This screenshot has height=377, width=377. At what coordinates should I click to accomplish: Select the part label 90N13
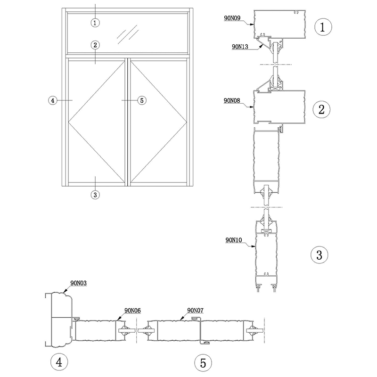pos(241,47)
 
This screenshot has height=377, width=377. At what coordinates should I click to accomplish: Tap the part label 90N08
pos(232,100)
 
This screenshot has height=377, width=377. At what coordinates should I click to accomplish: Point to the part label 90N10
pos(233,240)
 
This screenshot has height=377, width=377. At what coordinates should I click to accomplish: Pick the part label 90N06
pos(132,310)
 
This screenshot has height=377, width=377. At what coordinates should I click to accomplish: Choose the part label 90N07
pos(195,310)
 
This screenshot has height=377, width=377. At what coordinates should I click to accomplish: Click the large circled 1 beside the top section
pos(323,27)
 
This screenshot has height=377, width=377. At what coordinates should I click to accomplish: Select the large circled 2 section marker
pos(321,110)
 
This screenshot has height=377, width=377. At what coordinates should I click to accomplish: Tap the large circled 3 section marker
pos(319,255)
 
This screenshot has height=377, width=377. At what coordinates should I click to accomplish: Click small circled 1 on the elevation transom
pos(96,22)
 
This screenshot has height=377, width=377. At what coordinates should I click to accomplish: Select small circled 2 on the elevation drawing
pos(96,45)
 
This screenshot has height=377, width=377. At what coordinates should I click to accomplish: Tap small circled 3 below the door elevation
pos(96,194)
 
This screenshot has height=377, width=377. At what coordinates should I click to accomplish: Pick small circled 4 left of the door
pos(53,100)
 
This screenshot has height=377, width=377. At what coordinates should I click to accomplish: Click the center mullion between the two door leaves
pos(127,122)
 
